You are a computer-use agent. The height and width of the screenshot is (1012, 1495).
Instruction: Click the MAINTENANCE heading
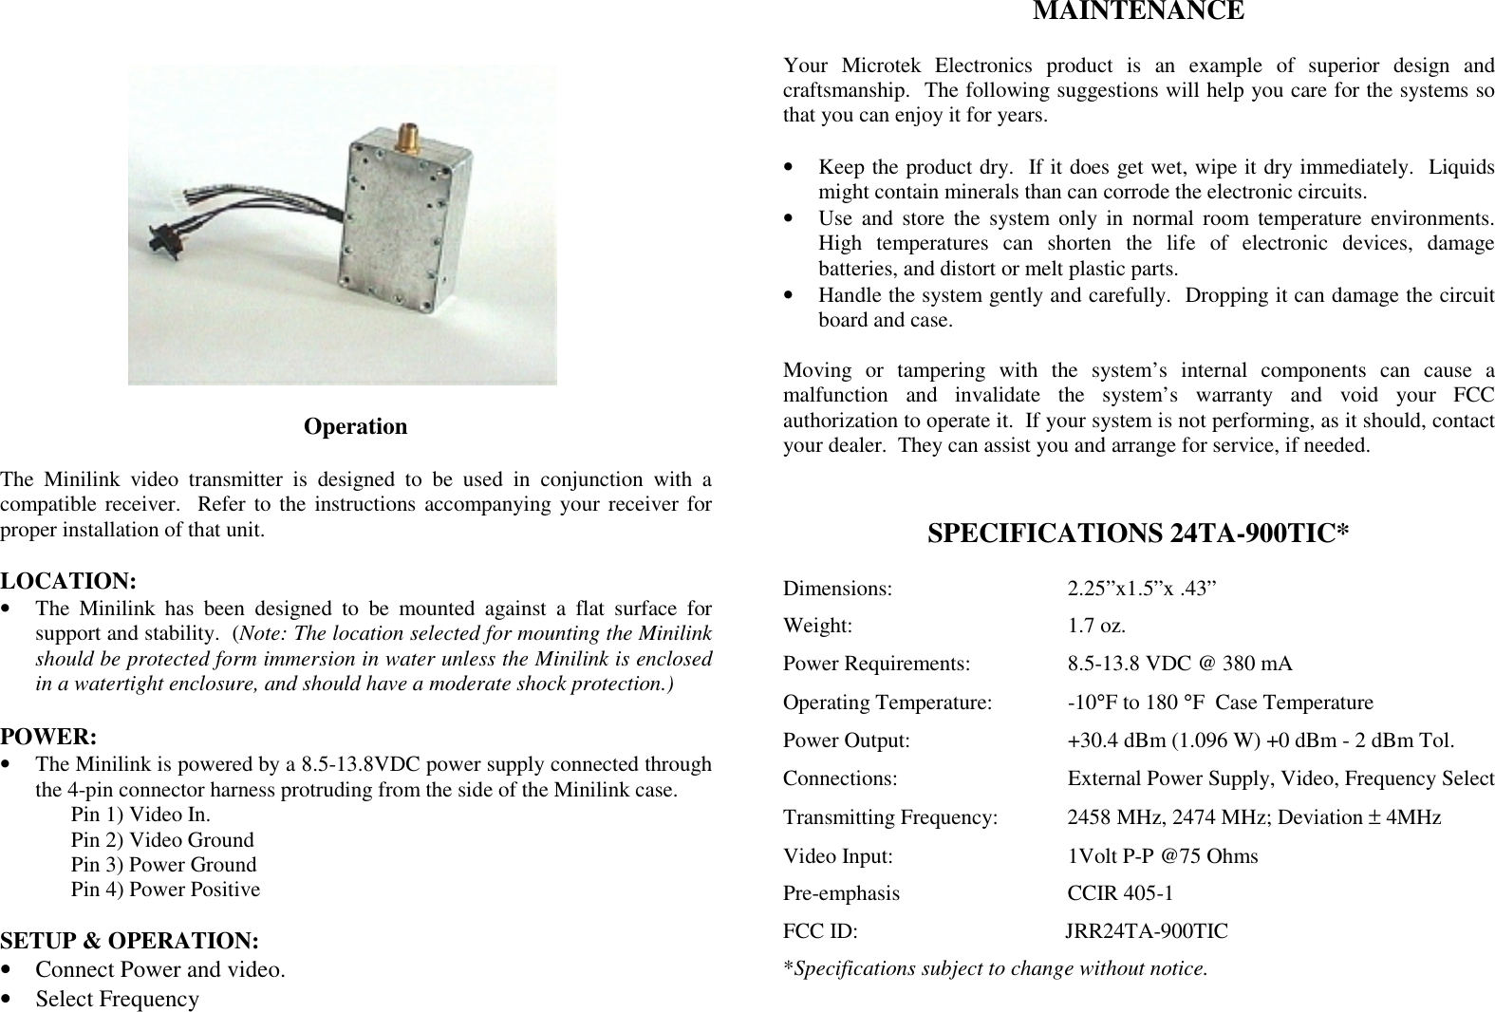coord(1138,11)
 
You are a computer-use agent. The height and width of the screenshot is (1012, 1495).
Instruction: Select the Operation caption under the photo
coord(355,426)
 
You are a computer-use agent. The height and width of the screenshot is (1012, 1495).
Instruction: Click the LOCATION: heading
coord(68,580)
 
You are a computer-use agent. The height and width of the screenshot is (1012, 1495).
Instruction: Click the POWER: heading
coord(48,736)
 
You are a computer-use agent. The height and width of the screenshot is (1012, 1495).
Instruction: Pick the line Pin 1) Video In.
coord(141,815)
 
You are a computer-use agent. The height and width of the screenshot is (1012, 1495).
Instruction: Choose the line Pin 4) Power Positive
coord(165,890)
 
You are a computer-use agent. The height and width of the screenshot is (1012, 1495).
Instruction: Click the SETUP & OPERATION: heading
coord(130,941)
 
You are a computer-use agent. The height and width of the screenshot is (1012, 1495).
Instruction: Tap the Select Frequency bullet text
coord(118,999)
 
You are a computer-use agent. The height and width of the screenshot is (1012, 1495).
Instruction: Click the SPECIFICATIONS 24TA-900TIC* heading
coord(1138,533)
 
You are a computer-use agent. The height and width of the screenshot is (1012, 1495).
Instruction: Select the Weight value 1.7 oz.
coord(1097,626)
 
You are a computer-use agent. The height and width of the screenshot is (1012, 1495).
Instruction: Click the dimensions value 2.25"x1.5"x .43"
coord(1142,588)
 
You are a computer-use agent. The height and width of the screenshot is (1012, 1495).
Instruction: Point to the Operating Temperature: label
coord(888,703)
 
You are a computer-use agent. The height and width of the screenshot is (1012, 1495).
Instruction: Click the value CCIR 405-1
coord(1120,893)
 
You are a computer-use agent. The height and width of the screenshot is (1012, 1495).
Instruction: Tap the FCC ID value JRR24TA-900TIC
coord(1146,931)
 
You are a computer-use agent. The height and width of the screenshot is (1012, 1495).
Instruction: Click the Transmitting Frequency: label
coord(890,817)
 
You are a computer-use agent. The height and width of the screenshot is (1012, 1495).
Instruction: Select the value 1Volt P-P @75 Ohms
coord(1163,856)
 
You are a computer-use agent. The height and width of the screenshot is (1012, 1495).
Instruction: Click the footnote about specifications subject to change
coord(996,969)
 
